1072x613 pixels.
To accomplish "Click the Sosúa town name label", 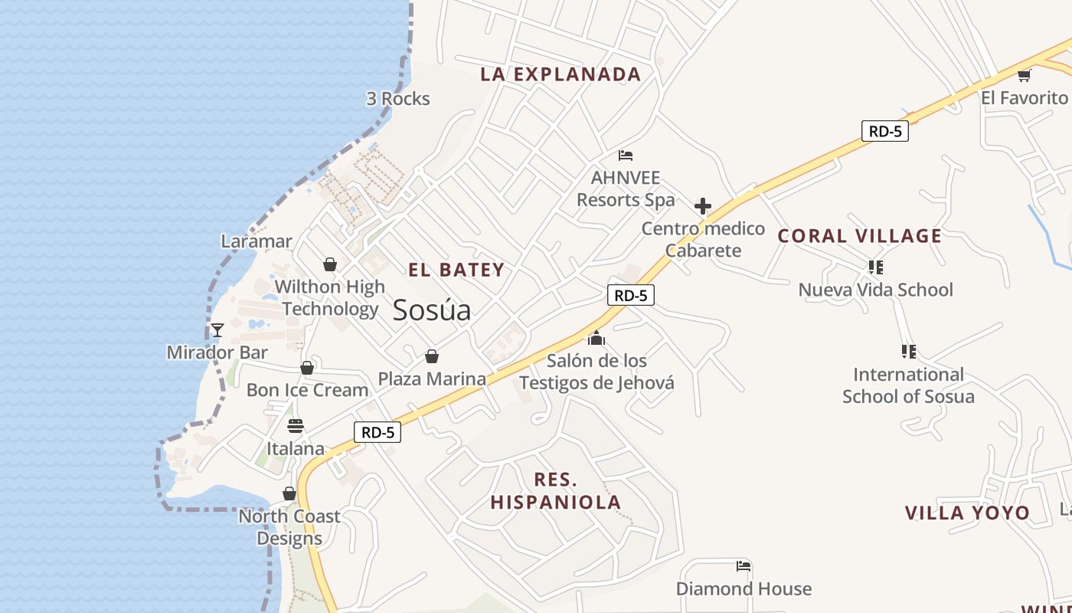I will pyautogui.click(x=432, y=310).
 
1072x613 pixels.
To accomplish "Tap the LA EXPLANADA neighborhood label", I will pyautogui.click(x=561, y=74).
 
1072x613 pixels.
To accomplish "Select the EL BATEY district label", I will pyautogui.click(x=456, y=270).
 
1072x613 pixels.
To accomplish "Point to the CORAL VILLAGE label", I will pyautogui.click(x=860, y=236).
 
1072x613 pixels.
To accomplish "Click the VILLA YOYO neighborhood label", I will pyautogui.click(x=968, y=513).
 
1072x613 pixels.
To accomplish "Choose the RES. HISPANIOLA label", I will pyautogui.click(x=556, y=491).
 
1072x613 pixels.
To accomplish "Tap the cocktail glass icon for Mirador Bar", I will pyautogui.click(x=217, y=330).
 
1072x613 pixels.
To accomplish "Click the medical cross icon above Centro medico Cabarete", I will pyautogui.click(x=703, y=206).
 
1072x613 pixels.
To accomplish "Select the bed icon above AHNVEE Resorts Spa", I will pyautogui.click(x=626, y=156).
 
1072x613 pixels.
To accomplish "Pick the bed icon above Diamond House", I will pyautogui.click(x=744, y=567).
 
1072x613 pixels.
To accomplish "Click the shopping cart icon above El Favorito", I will pyautogui.click(x=1025, y=75).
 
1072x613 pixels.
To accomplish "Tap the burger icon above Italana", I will pyautogui.click(x=296, y=426).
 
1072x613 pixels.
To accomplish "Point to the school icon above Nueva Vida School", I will pyautogui.click(x=876, y=267).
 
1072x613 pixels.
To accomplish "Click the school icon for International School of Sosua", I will pyautogui.click(x=909, y=352).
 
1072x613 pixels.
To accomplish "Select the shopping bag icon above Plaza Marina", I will pyautogui.click(x=432, y=356).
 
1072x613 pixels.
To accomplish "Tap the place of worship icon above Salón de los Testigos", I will pyautogui.click(x=596, y=338).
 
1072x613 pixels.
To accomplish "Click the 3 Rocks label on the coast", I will pyautogui.click(x=398, y=99).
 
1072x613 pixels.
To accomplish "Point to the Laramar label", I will pyautogui.click(x=257, y=241).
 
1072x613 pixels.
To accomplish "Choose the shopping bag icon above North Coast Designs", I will pyautogui.click(x=289, y=494).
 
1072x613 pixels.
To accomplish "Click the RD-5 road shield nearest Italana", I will pyautogui.click(x=377, y=432).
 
